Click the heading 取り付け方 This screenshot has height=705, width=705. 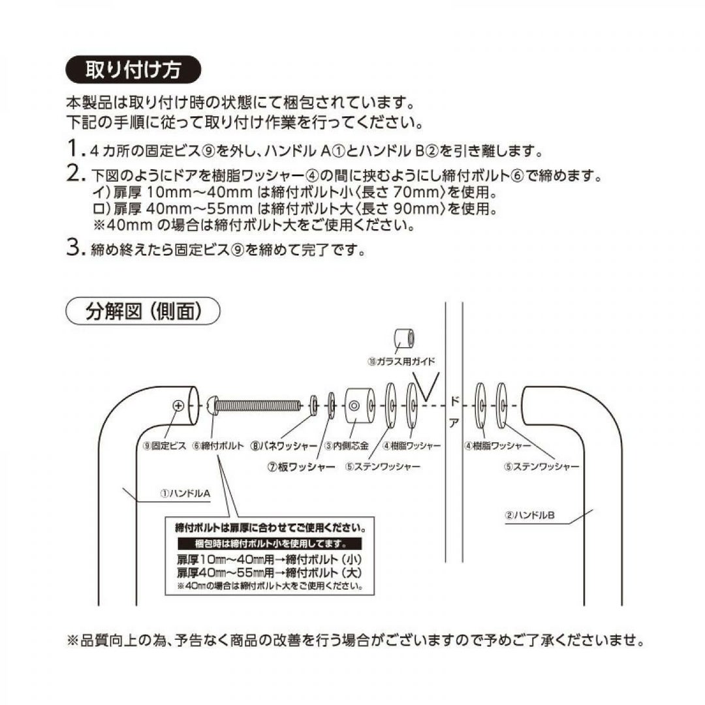[133, 69]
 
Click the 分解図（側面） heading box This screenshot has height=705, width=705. [142, 311]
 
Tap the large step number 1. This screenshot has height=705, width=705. [74, 149]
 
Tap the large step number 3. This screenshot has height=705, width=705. [73, 249]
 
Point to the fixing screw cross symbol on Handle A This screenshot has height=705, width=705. [178, 405]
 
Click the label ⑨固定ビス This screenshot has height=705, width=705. [163, 446]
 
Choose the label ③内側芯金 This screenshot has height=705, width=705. [347, 446]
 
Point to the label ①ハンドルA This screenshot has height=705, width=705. [185, 494]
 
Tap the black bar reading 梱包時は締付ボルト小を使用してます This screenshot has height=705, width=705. [261, 543]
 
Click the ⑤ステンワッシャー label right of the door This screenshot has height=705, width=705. [541, 467]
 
